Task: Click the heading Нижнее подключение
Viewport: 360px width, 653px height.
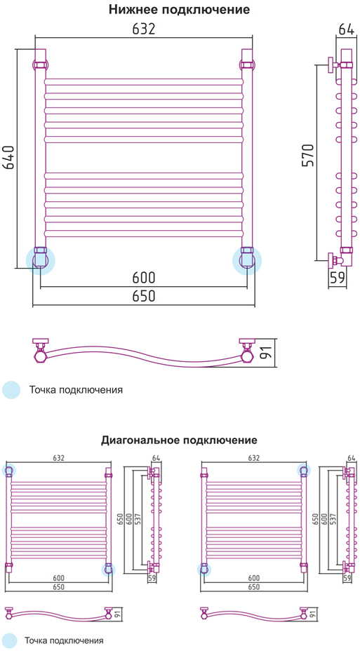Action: tap(180, 10)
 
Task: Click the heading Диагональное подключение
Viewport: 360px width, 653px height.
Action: tap(179, 440)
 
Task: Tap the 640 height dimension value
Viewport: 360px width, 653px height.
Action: tap(9, 158)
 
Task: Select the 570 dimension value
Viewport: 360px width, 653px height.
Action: tap(308, 156)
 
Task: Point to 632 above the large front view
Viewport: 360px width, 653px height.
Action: tap(144, 29)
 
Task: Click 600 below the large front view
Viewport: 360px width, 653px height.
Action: tap(144, 278)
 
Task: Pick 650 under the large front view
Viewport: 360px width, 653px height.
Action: tap(144, 296)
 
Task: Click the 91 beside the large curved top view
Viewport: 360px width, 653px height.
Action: tap(267, 352)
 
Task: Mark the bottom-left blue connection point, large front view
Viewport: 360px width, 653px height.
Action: tap(41, 261)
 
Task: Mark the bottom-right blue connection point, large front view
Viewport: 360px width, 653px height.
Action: tap(247, 261)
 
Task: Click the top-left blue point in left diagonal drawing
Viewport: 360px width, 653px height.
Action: tap(9, 471)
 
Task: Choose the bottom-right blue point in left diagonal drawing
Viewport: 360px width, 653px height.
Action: tap(109, 570)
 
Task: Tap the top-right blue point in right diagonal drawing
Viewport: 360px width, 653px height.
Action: tap(303, 471)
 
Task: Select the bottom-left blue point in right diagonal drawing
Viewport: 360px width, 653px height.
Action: tap(204, 570)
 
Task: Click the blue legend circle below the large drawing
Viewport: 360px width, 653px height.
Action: tap(11, 390)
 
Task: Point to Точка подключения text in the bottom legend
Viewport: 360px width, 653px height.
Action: tap(64, 640)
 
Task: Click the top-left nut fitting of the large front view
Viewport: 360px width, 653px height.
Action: tap(41, 65)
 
